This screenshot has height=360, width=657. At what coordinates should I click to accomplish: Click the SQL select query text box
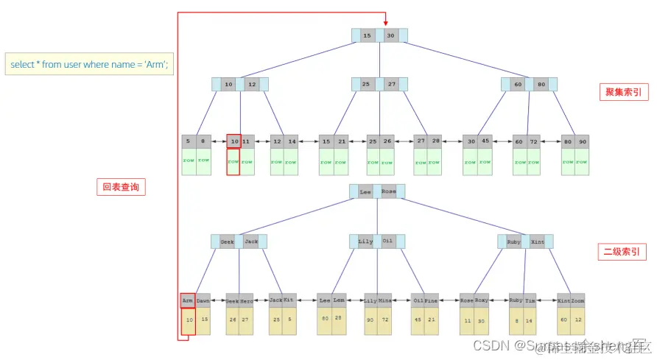tap(89, 64)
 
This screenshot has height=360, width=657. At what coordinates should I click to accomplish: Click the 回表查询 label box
tap(121, 187)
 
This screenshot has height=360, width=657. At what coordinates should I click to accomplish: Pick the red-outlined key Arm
tap(188, 300)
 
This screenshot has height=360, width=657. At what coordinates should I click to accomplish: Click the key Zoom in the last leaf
tap(577, 300)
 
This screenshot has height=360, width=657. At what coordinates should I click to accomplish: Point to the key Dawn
tap(203, 300)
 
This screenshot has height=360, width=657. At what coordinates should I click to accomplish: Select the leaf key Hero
tap(247, 300)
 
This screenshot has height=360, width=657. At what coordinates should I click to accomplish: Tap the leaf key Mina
tap(384, 300)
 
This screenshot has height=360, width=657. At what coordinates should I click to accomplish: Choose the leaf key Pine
tap(432, 300)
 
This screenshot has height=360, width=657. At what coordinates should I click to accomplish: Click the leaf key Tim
tap(530, 300)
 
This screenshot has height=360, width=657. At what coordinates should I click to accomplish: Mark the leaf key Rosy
tap(481, 300)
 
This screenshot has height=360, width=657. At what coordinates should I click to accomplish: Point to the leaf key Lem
tap(339, 300)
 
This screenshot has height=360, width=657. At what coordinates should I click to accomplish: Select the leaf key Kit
tap(289, 300)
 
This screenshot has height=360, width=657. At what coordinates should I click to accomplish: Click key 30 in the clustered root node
tap(390, 35)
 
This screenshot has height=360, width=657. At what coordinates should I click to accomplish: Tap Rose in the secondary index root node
tap(388, 191)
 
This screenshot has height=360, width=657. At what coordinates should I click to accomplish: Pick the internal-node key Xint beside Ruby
tap(538, 241)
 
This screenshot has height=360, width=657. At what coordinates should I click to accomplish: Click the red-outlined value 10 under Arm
tap(188, 320)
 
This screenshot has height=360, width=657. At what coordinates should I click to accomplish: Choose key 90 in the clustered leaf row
tap(583, 141)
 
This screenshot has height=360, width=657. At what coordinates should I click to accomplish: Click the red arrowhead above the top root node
tap(385, 22)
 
